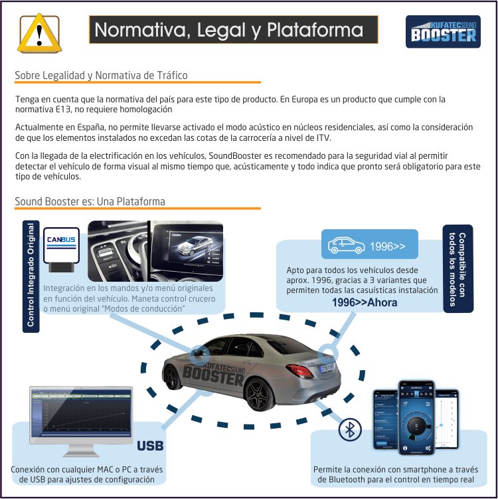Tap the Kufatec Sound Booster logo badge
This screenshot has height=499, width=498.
[443, 32]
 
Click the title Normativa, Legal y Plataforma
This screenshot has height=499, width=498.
[229, 31]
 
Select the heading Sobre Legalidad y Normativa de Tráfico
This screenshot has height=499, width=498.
[101, 75]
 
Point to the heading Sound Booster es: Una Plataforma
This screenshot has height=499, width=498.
[90, 201]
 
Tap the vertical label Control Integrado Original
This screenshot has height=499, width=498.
[31, 274]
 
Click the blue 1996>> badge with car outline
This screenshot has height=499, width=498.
[369, 245]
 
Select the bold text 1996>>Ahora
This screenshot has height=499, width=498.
[365, 303]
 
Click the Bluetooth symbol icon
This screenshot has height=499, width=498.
[349, 431]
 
